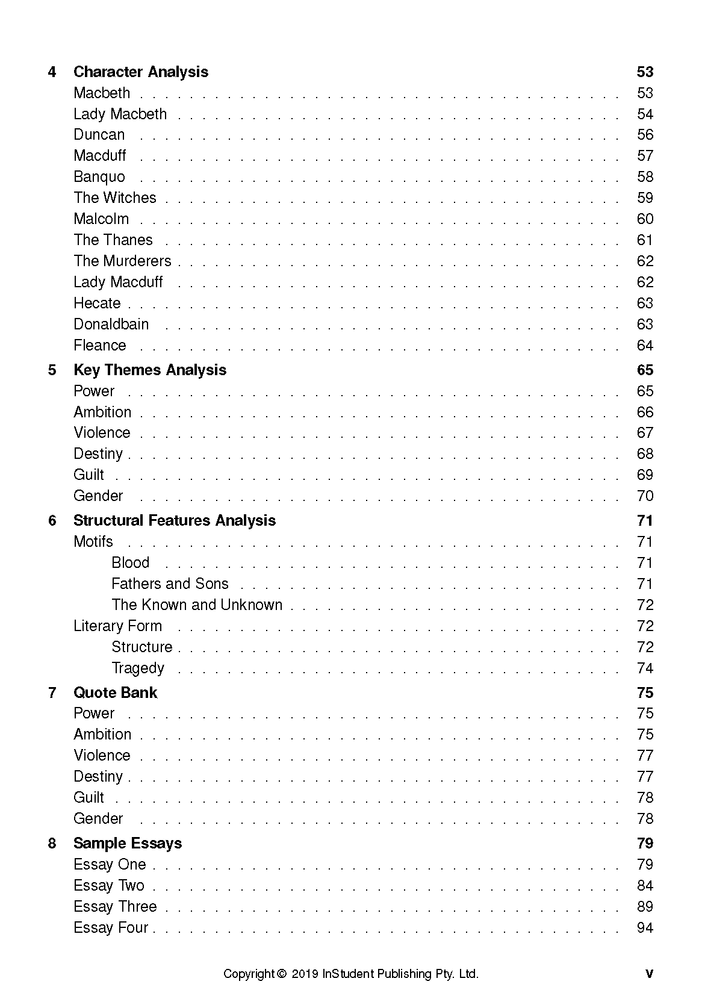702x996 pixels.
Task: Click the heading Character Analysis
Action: click(140, 72)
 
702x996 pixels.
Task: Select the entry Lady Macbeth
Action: click(120, 114)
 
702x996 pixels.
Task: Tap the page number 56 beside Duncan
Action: click(644, 135)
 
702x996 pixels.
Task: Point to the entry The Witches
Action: click(114, 198)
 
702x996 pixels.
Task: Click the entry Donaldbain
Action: click(111, 324)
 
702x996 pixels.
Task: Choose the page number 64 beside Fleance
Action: click(644, 345)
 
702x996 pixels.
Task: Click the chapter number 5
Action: click(52, 370)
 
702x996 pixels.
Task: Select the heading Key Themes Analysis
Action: click(149, 370)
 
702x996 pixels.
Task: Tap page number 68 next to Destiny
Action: click(644, 453)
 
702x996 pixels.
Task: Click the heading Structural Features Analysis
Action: click(174, 520)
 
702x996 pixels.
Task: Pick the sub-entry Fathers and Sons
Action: click(170, 584)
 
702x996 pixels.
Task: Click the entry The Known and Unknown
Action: click(196, 605)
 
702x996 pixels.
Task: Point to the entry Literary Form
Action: click(117, 626)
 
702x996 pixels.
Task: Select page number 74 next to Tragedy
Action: click(644, 668)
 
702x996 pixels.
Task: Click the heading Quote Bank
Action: click(115, 693)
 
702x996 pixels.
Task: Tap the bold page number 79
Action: click(644, 843)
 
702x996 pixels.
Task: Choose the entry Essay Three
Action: click(114, 906)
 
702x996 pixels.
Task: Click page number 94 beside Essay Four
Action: click(644, 927)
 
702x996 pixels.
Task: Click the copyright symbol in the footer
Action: click(281, 974)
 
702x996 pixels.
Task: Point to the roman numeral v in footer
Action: click(648, 974)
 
